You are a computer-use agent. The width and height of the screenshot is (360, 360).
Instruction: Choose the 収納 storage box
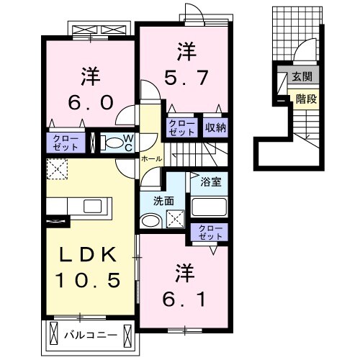[215, 127]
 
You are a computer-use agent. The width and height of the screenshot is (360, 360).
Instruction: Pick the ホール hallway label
[151, 158]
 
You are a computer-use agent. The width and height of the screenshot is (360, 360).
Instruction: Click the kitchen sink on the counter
[93, 207]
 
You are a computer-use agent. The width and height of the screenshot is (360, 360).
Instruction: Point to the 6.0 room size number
[91, 102]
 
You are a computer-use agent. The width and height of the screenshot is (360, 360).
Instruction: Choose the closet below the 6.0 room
[68, 142]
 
